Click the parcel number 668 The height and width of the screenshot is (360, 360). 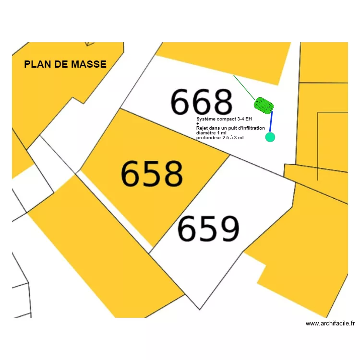coord(202,102)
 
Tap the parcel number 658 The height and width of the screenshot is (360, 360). coord(152,173)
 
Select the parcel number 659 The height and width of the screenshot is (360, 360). coord(208,228)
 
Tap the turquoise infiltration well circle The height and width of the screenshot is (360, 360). coord(270,137)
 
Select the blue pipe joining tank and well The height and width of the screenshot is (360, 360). coord(271,121)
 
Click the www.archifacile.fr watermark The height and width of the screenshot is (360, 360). coord(330,324)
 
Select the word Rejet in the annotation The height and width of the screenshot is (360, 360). coord(202,128)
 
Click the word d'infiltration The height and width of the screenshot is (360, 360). coord(251,128)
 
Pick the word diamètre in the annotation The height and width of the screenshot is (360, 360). coord(206,133)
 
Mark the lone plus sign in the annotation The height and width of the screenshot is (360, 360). coord(198,124)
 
